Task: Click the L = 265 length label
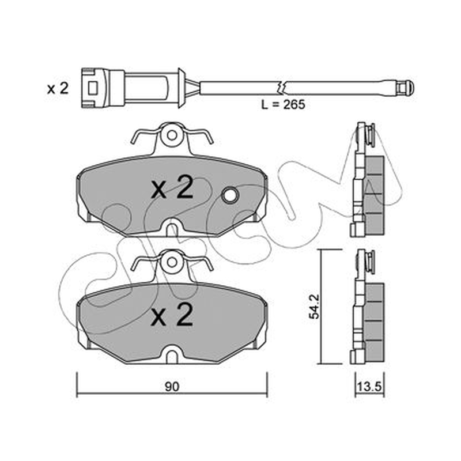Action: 283,104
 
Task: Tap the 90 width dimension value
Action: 172,387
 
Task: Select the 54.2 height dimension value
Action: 315,307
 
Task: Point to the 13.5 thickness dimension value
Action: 369,387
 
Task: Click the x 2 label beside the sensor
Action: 58,88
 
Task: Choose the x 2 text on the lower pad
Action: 172,315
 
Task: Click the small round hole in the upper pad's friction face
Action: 230,195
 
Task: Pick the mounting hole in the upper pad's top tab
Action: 172,135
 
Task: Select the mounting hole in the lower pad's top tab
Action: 172,262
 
